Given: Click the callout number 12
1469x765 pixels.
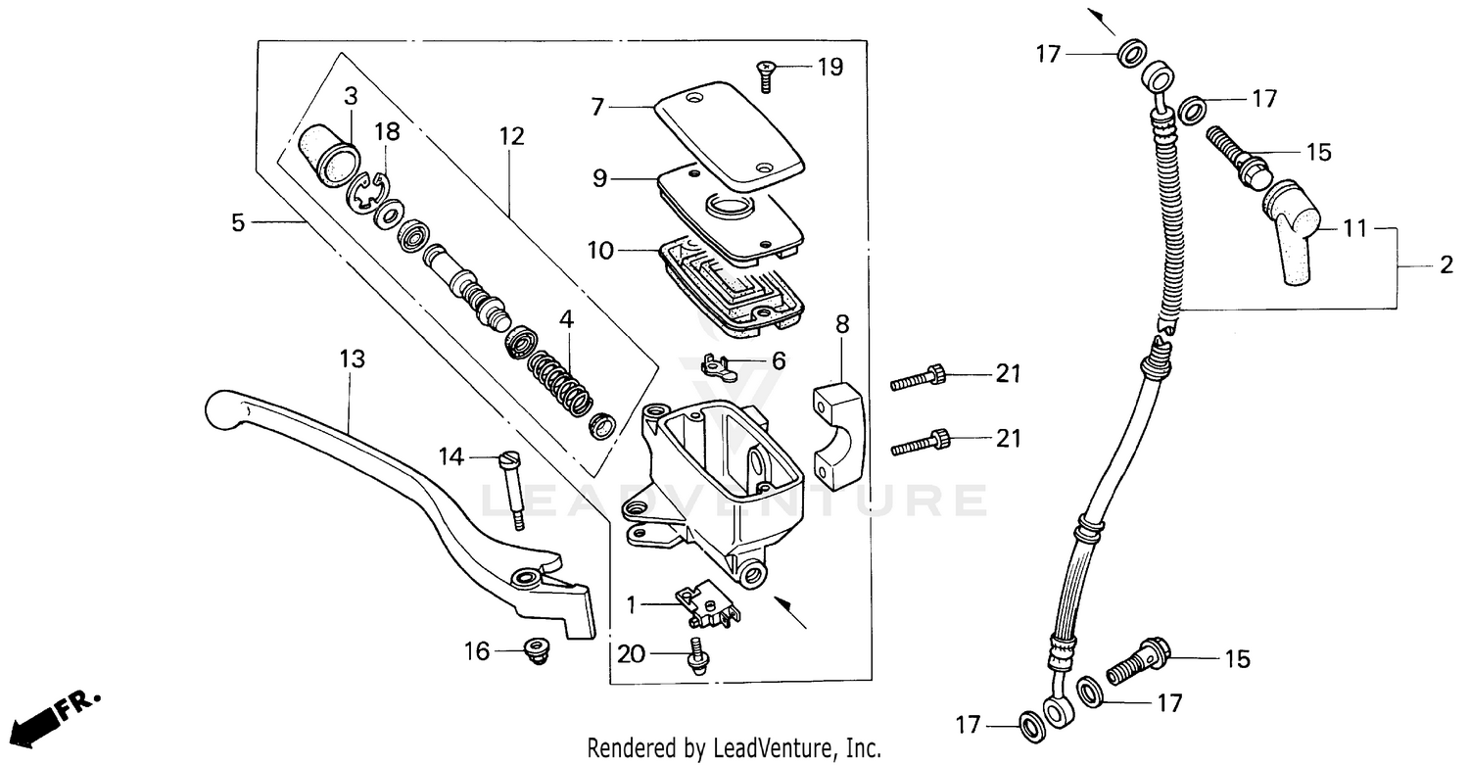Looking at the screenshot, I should [x=511, y=136].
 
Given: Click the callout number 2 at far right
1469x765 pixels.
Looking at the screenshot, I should [x=1445, y=265].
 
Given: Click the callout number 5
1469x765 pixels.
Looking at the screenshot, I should [x=238, y=222].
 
